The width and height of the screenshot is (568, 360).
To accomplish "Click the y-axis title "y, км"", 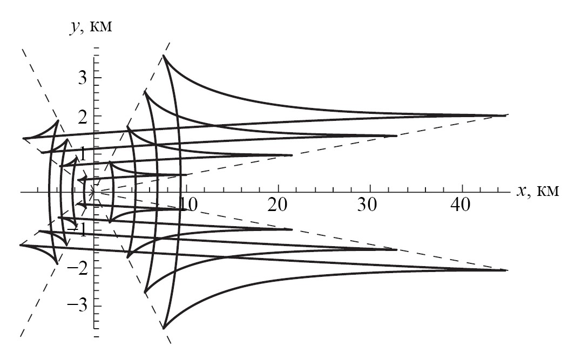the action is click(91, 27).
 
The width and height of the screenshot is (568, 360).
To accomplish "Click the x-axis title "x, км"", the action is click(538, 191).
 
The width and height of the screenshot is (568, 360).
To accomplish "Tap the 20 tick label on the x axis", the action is click(278, 205).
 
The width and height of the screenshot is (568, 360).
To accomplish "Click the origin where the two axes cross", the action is click(94, 191).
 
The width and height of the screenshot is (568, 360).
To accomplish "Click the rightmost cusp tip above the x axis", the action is click(506, 116).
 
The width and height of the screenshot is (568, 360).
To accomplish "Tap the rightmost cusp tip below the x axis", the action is click(506, 270).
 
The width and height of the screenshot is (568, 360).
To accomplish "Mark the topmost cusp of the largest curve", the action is click(164, 56).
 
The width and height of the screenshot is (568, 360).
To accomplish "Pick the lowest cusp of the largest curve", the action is click(164, 328).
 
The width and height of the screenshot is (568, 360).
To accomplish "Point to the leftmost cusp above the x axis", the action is click(24, 138).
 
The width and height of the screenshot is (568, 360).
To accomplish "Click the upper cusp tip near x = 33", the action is click(397, 136).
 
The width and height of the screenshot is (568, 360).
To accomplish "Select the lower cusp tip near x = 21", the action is click(292, 229).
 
